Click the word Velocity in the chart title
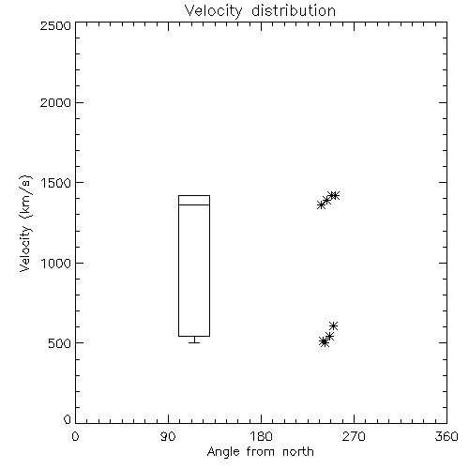pos(213,11)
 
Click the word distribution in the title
pos(294,10)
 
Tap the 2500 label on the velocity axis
pos(55,25)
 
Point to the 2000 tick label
pos(55,102)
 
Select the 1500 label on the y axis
pos(56,183)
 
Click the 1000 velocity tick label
pos(56,263)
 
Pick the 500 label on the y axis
pos(60,343)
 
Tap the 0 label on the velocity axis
pos(68,419)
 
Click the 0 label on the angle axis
pos(75,436)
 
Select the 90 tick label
pos(168,436)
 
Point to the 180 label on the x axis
pos(261,436)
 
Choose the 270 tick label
pos(354,436)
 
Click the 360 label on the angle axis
pos(446,436)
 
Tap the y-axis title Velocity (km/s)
pos(25,223)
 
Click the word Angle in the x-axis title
pos(223,452)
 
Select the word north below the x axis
pos(298,452)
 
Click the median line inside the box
pos(194,204)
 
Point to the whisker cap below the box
pos(194,342)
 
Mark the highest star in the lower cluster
pos(333,325)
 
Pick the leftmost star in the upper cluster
pos(321,205)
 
